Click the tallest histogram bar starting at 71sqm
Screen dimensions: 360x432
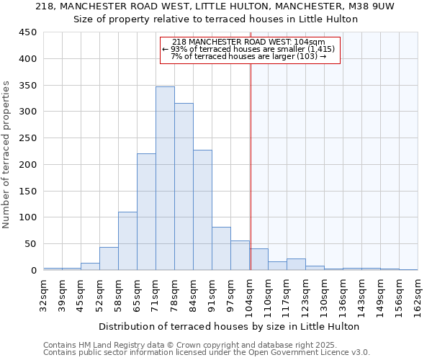(x=165, y=179)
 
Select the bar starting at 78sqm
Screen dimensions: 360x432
(x=184, y=187)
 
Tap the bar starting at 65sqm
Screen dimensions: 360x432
(x=146, y=212)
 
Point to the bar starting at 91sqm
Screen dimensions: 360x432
(x=221, y=248)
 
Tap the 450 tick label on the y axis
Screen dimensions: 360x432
(x=28, y=32)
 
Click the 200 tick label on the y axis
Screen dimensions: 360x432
(x=28, y=165)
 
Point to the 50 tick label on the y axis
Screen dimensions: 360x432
(x=31, y=244)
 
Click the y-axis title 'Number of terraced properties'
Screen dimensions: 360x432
(x=7, y=155)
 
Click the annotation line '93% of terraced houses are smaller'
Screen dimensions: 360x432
(x=249, y=49)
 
